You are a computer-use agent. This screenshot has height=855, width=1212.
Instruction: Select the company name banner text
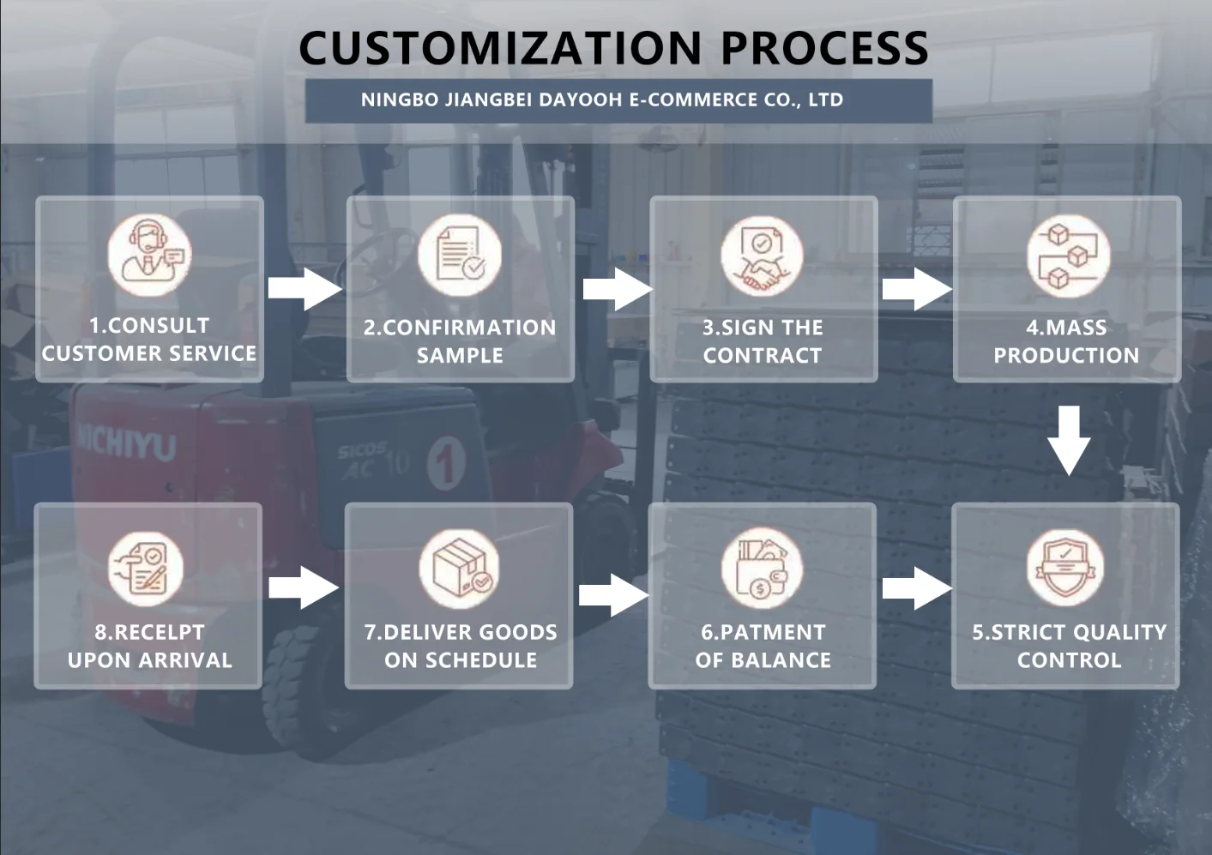click(601, 100)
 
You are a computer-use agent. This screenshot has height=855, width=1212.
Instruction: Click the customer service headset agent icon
click(149, 255)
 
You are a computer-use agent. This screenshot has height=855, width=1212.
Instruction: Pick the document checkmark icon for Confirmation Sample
click(460, 255)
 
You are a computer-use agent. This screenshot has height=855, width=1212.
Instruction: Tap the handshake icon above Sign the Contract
click(762, 256)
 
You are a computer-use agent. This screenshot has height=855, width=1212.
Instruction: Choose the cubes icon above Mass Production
click(1069, 256)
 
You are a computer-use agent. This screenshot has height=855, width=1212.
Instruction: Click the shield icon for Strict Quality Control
click(1065, 568)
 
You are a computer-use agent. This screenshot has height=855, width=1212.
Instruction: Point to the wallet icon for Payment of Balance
click(762, 569)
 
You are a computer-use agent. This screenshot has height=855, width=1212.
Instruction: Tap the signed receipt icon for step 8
click(146, 569)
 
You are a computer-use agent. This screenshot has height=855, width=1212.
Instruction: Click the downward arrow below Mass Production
click(1069, 440)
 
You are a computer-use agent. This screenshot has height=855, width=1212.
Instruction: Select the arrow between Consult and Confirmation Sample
click(305, 289)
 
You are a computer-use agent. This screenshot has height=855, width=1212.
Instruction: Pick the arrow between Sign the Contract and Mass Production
click(917, 289)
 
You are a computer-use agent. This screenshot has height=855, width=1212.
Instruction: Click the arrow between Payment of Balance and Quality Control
click(917, 588)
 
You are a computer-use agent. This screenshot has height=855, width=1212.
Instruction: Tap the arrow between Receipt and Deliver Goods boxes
click(304, 587)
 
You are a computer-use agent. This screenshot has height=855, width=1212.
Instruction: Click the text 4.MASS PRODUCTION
click(1066, 341)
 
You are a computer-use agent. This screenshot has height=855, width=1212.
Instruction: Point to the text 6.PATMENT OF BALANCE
click(763, 647)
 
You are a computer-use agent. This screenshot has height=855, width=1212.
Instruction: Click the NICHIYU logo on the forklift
click(127, 443)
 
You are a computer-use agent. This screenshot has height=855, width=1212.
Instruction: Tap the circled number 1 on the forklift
click(446, 463)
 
